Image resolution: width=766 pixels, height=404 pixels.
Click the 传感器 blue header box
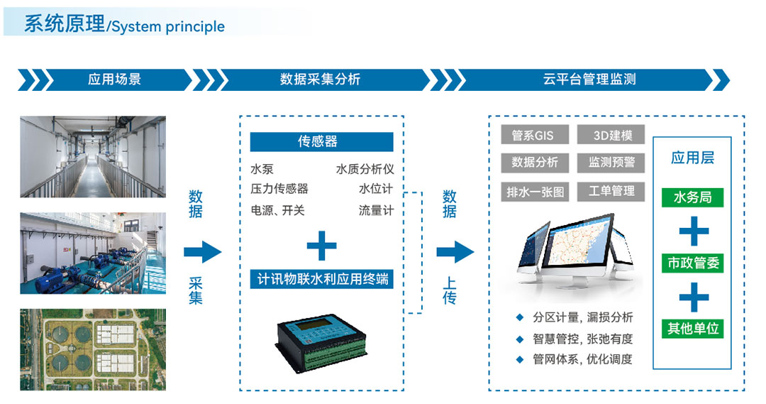321,142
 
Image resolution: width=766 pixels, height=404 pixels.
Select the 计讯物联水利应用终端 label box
321,278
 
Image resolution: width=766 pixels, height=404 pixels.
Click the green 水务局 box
692,197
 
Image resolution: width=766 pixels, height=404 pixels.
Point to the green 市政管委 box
693,263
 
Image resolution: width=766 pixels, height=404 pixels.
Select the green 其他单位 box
693,328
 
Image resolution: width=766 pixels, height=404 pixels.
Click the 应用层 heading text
692,158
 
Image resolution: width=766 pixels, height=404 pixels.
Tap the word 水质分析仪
365,170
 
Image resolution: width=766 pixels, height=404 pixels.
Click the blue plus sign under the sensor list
321,246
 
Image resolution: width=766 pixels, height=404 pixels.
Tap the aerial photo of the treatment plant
93,349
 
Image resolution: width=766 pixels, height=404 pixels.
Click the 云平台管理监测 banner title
589,80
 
